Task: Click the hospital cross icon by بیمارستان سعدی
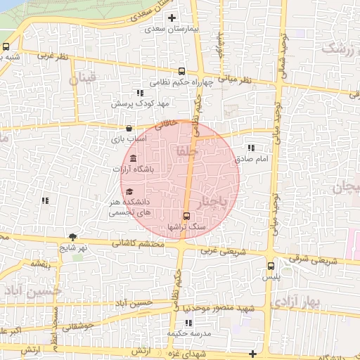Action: click(x=170, y=18)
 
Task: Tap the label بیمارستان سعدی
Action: click(x=169, y=30)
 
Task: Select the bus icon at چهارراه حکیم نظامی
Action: click(x=183, y=71)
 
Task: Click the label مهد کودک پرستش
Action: click(x=140, y=104)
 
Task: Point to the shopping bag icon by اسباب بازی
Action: click(x=129, y=129)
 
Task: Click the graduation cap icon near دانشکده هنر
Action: click(x=129, y=191)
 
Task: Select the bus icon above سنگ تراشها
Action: click(x=186, y=217)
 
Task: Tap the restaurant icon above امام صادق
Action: click(x=251, y=148)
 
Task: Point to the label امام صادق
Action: click(x=252, y=160)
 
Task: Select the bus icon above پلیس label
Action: click(x=271, y=266)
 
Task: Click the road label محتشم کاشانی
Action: click(x=138, y=244)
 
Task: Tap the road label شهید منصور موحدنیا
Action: click(x=225, y=309)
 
